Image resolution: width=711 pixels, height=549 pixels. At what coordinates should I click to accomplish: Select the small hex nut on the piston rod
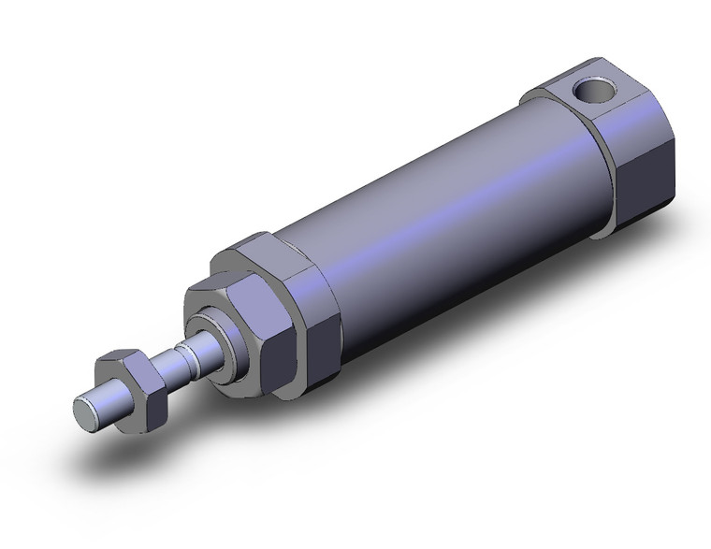pos(131,381)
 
